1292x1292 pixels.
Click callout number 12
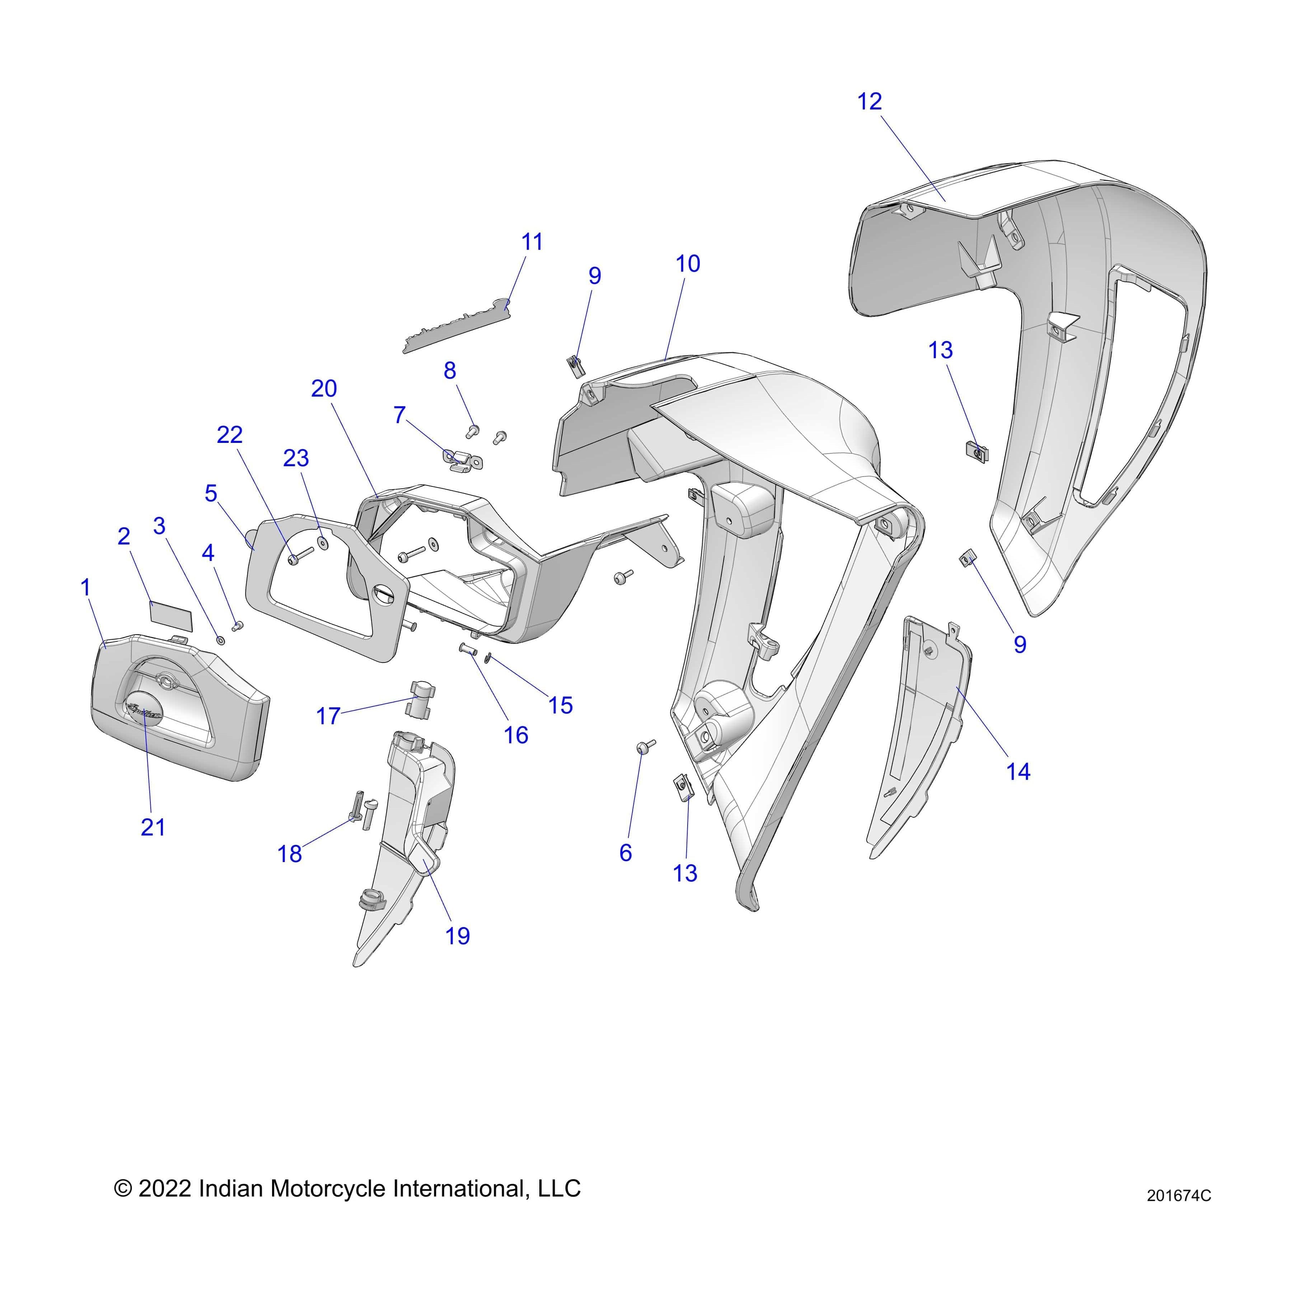pos(869,102)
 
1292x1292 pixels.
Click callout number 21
pos(153,827)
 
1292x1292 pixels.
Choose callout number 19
pos(458,936)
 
